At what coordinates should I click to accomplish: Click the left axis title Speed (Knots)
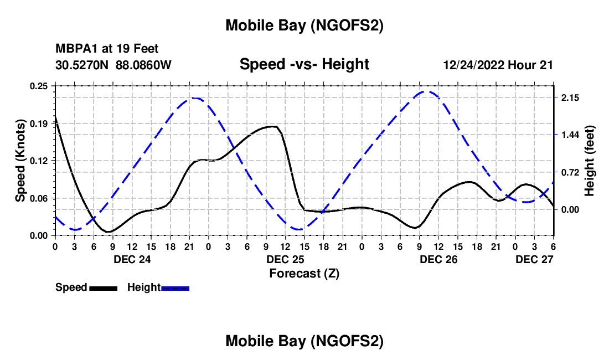(x=20, y=161)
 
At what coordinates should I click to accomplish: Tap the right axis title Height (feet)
(x=589, y=161)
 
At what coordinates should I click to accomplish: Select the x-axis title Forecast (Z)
(x=303, y=273)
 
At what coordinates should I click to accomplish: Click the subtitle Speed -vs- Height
(x=304, y=64)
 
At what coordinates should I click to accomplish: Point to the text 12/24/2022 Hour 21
(x=498, y=65)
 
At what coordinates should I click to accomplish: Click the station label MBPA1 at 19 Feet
(x=107, y=49)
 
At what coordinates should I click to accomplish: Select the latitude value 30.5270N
(x=82, y=65)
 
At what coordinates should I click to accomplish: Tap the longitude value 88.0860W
(x=144, y=65)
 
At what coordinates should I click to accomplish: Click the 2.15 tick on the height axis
(x=570, y=97)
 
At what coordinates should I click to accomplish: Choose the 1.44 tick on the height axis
(x=570, y=135)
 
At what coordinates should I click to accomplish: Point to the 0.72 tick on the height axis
(x=570, y=172)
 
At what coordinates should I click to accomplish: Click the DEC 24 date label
(x=132, y=259)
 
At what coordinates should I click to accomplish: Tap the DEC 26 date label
(x=438, y=259)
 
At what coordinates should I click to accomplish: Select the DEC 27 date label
(x=534, y=259)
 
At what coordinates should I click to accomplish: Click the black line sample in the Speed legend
(x=103, y=287)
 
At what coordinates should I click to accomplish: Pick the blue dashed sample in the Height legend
(x=176, y=287)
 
